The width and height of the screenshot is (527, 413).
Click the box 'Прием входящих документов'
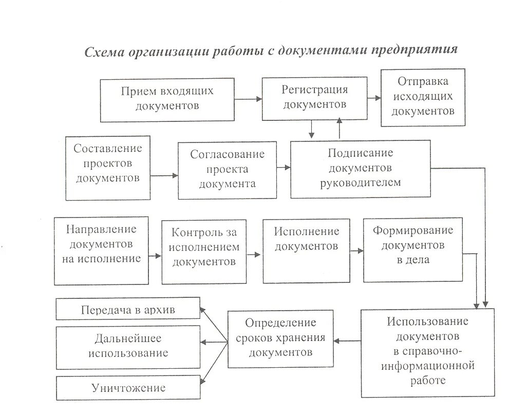pos(167,100)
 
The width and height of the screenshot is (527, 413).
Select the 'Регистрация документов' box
pos(315,97)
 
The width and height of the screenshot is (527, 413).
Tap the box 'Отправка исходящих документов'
pos(423,97)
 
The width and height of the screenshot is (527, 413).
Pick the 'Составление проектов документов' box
pos(108,168)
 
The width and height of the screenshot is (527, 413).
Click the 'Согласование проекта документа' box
pos(227,169)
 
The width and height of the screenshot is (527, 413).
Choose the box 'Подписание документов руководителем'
pos(360,168)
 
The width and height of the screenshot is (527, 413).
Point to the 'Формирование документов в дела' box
pos(413,249)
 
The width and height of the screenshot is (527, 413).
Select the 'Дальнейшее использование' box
pos(127,346)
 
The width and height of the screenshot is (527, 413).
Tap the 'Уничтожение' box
pos(127,387)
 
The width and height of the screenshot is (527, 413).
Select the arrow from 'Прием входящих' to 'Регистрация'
pos(248,99)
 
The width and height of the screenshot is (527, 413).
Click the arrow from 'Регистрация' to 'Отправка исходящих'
pos(374,97)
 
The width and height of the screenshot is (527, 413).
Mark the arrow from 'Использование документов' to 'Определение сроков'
pos(347,340)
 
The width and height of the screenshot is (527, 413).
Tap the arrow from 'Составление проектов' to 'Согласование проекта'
pos(164,175)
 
